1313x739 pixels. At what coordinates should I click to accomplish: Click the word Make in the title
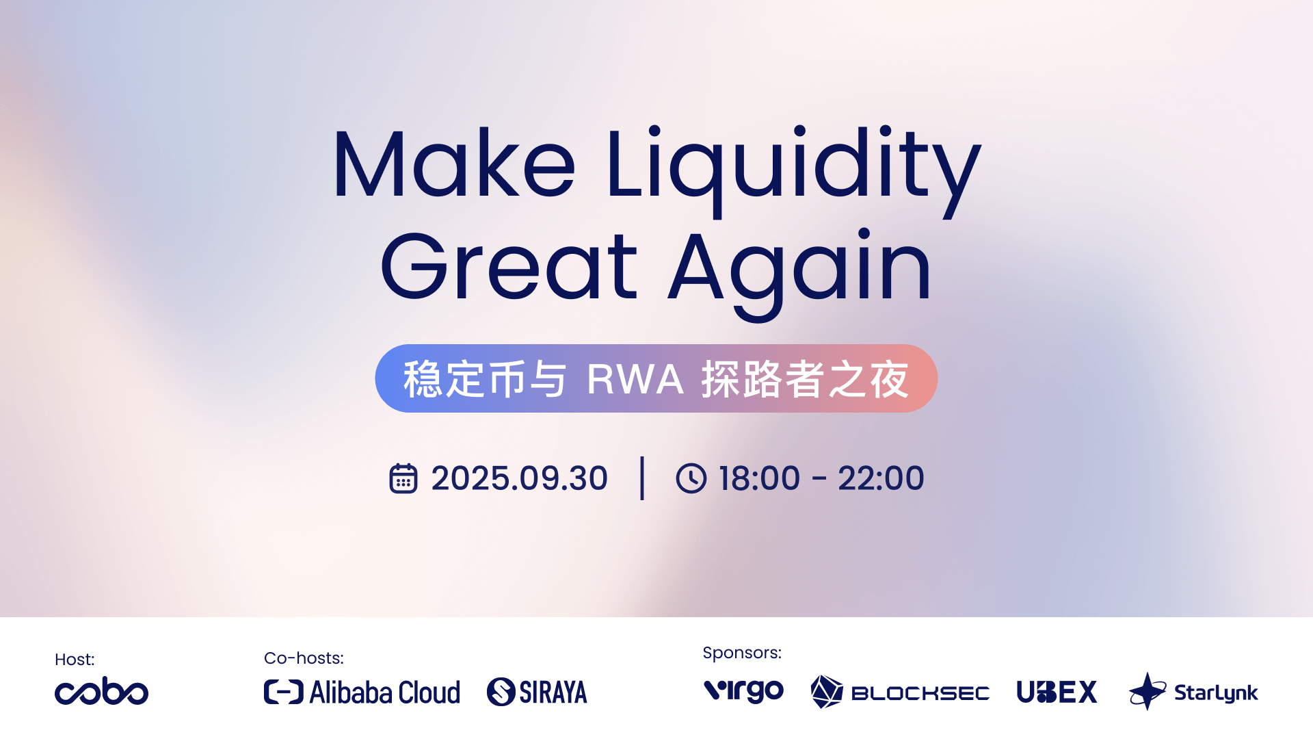point(454,164)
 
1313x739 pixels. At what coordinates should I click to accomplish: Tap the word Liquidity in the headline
point(793,171)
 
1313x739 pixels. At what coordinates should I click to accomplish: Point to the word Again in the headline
point(799,274)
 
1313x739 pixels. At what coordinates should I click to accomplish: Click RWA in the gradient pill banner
point(635,379)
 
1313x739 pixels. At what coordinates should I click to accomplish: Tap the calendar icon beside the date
point(403,478)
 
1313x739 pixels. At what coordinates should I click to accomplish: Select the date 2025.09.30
point(519,478)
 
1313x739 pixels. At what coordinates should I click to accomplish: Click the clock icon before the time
point(691,478)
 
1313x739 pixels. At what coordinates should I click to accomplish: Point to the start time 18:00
point(759,478)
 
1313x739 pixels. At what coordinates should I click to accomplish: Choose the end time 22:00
point(881,478)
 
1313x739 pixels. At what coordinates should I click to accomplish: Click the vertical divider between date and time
point(642,478)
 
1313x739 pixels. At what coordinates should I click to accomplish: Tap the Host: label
point(75,660)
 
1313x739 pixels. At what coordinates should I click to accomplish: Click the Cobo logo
point(101,691)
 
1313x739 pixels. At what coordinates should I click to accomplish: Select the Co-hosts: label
point(304,658)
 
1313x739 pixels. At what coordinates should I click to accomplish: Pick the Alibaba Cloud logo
point(362,692)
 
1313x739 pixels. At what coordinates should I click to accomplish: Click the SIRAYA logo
point(537,692)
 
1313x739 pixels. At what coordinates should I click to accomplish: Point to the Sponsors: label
point(742,653)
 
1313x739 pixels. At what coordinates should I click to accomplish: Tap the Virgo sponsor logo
point(744,690)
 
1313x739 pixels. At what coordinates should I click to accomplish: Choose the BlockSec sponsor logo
point(900,692)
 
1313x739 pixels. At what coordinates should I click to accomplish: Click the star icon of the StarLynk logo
point(1148,691)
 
